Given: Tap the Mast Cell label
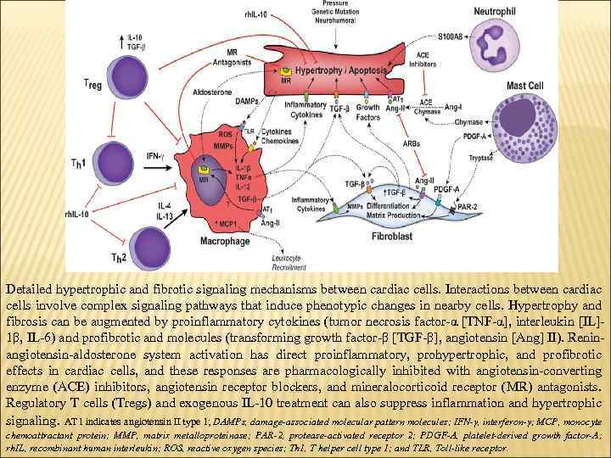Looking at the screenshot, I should coord(524,86).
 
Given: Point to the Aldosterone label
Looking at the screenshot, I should coord(213,92).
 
